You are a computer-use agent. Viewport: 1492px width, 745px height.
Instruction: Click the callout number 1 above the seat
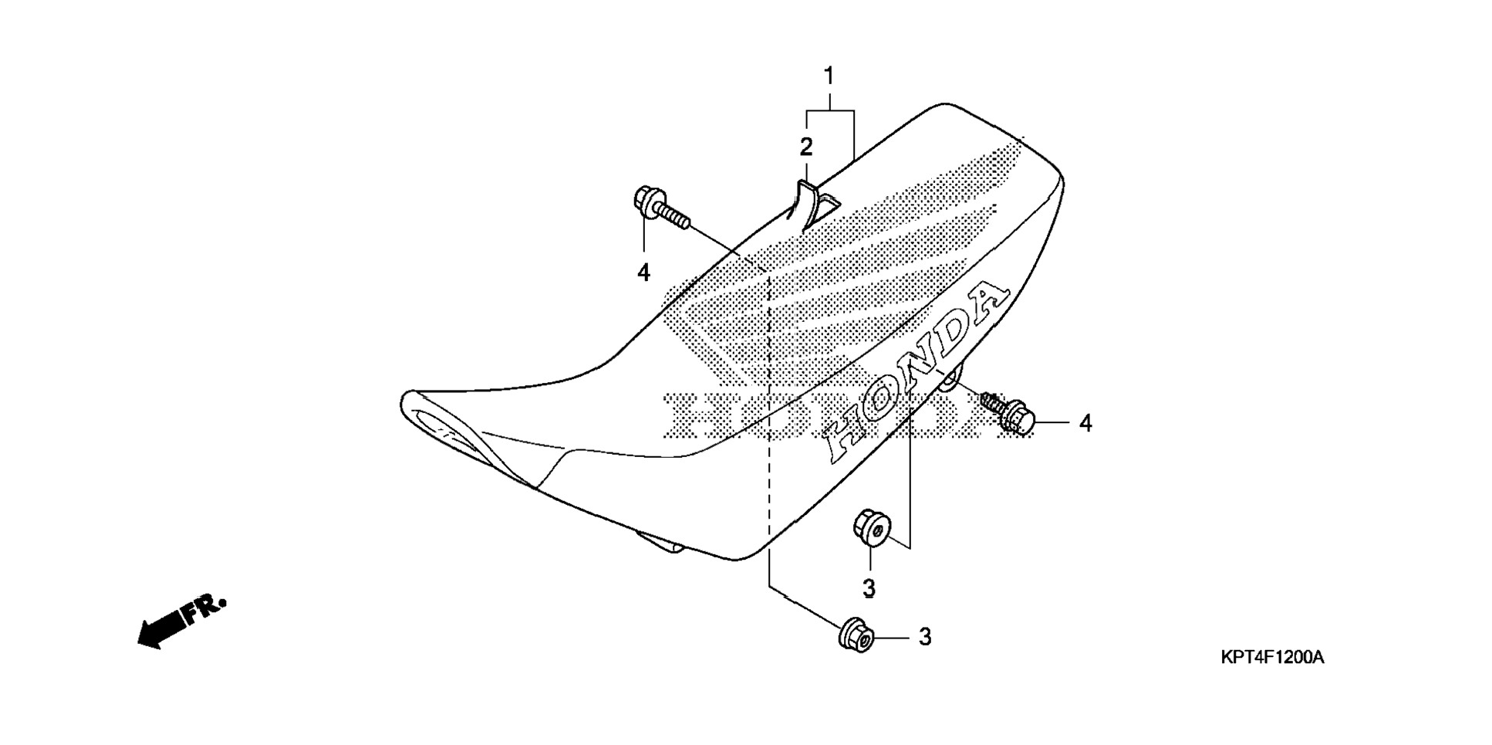coord(829,76)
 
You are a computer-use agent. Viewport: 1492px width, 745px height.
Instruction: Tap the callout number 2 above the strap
coord(806,147)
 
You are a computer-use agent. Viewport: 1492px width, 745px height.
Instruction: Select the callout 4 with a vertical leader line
coord(643,272)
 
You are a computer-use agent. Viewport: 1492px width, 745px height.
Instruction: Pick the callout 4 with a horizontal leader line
coord(1085,423)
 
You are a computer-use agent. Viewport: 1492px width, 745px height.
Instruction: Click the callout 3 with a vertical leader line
coord(869,588)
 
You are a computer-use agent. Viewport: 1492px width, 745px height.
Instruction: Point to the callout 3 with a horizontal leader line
coord(925,638)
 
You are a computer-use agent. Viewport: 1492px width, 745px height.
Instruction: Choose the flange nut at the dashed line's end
coord(855,635)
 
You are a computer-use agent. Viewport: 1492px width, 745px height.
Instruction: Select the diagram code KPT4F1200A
coord(1272,658)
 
